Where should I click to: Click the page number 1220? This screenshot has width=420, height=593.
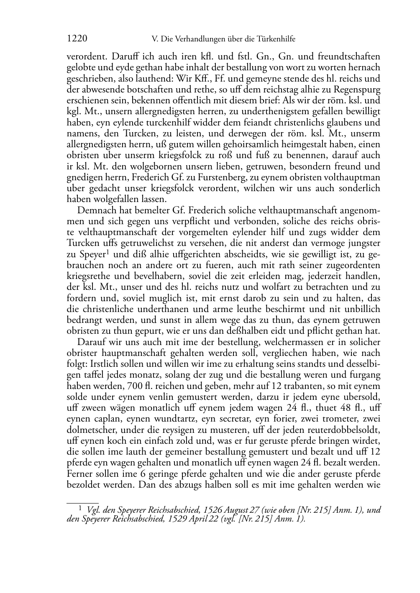[x=77, y=39]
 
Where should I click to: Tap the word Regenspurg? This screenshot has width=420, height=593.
[x=358, y=89]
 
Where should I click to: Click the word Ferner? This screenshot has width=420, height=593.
[x=79, y=474]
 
